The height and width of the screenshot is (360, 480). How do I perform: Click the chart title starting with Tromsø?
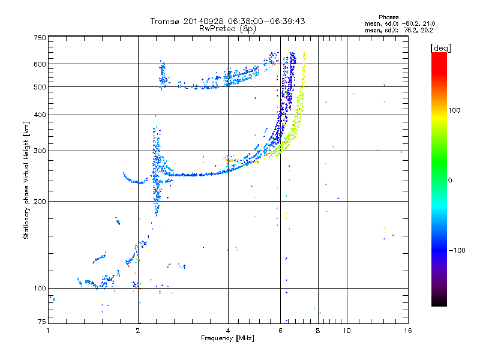(x=227, y=21)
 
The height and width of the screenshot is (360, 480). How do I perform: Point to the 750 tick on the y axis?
(x=40, y=38)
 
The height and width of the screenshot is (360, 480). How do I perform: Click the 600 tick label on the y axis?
(x=40, y=64)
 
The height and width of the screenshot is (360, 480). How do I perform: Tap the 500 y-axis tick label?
(x=40, y=87)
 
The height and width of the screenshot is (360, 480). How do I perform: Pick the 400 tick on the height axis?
(x=40, y=115)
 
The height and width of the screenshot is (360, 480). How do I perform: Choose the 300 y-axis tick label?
(x=40, y=151)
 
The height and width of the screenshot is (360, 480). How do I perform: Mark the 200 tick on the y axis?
(x=40, y=202)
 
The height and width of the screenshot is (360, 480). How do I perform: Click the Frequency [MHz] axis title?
(x=227, y=338)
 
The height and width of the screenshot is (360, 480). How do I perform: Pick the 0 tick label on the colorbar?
(x=451, y=180)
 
